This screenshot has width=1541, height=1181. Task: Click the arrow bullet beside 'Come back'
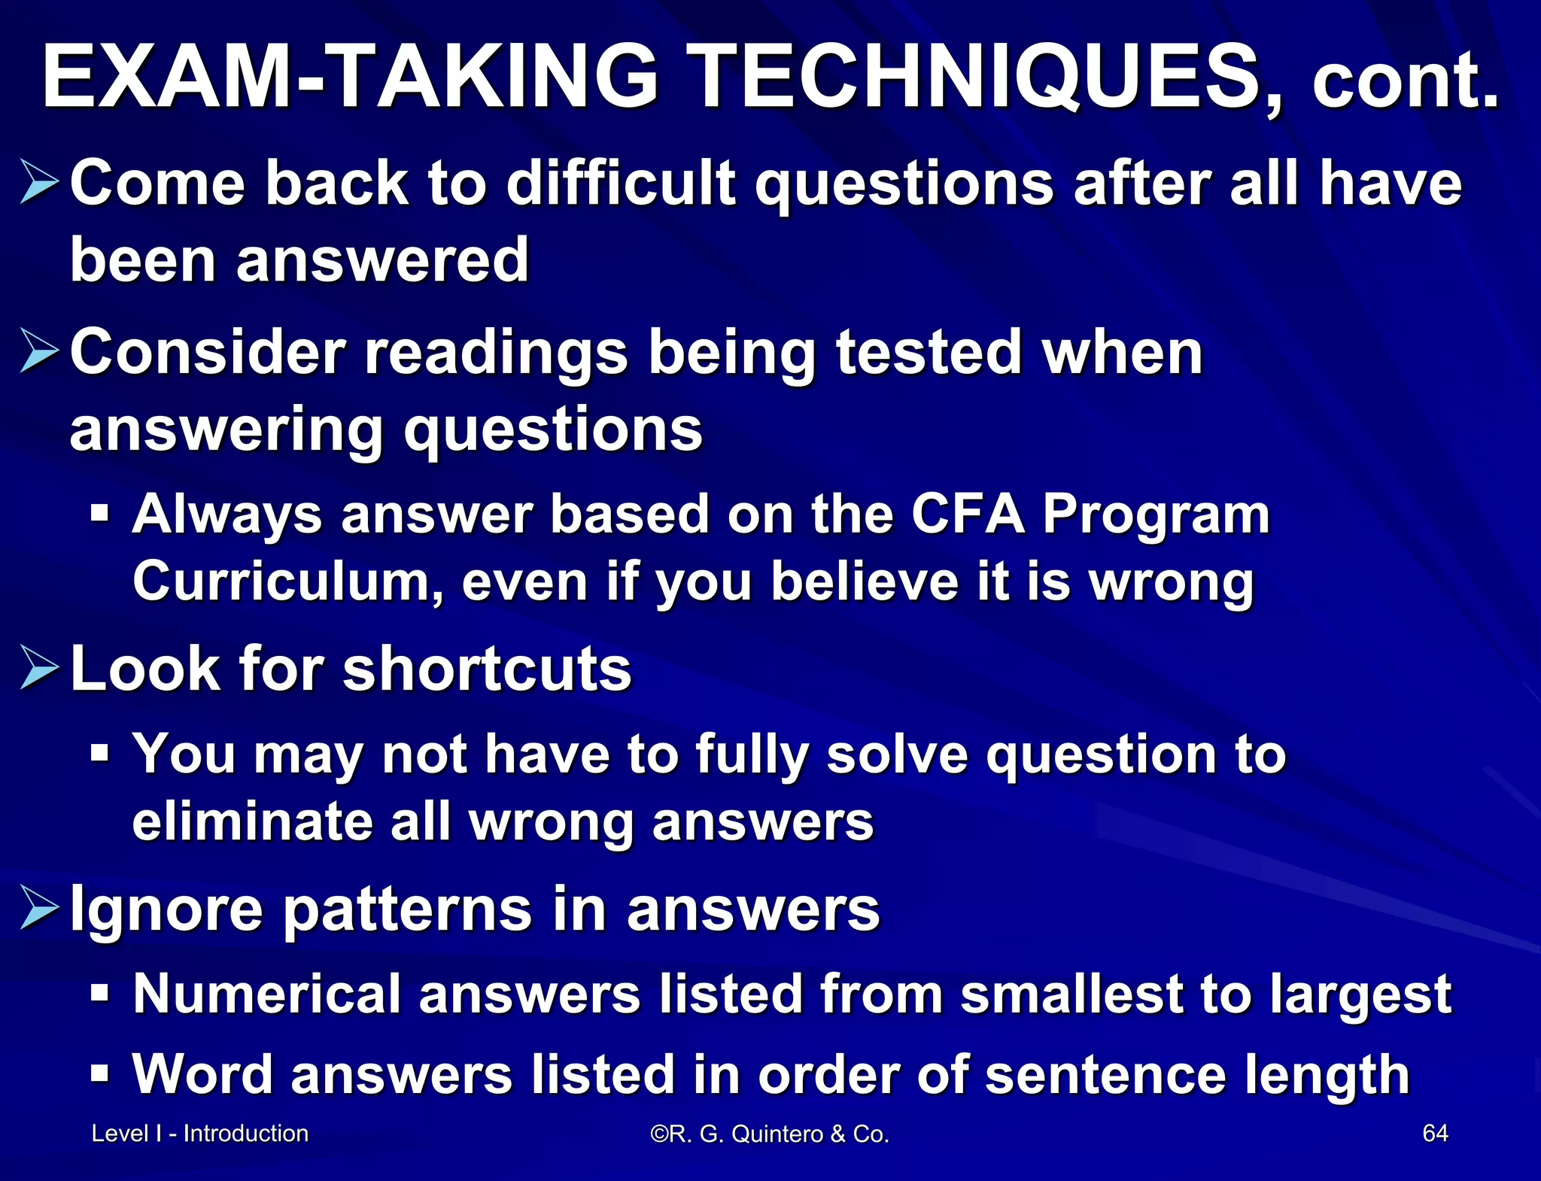(39, 182)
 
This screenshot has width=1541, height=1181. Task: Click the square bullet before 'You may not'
(99, 753)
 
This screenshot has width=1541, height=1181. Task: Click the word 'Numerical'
(267, 994)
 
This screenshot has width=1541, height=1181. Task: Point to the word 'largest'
(1361, 995)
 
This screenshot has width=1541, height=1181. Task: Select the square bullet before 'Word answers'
(99, 1073)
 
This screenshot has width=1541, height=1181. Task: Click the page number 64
(1435, 1133)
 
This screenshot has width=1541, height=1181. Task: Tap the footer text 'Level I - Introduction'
(200, 1133)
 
